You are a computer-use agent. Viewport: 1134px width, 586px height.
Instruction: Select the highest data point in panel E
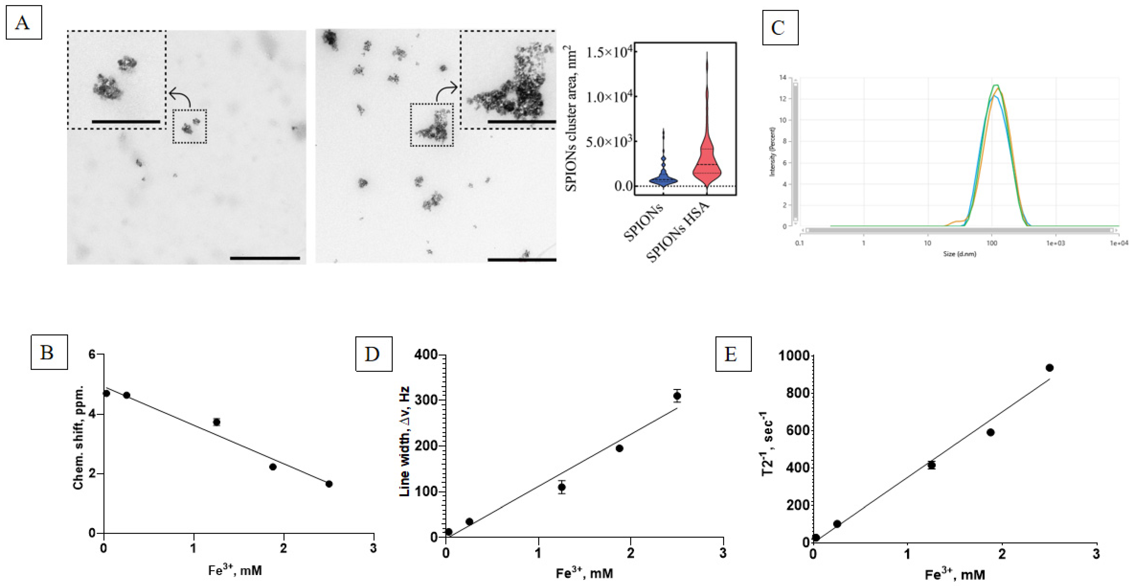coord(1049,368)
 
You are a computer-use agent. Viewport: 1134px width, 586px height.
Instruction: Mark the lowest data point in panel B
coord(329,484)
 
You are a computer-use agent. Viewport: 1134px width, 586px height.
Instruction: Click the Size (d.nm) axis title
coord(960,254)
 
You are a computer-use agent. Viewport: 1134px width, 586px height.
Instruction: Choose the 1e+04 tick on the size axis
coord(1118,243)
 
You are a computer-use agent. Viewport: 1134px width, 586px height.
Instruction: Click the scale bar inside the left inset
coord(126,121)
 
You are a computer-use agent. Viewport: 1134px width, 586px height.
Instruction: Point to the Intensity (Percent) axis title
coord(772,152)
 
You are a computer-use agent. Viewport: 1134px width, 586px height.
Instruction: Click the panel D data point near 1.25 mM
coord(562,487)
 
